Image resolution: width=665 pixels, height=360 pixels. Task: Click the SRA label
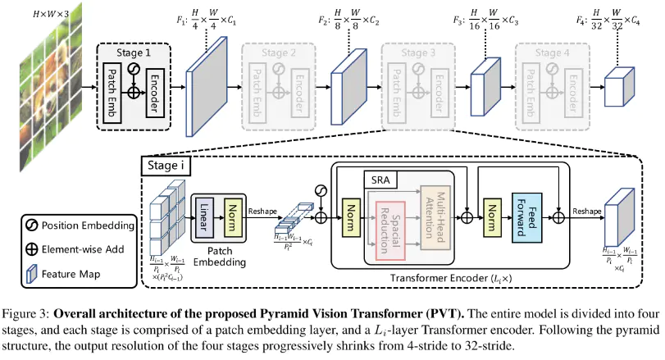(379, 179)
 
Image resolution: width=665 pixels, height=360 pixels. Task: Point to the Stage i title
(169, 167)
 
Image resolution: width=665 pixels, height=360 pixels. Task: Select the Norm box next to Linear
(232, 217)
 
